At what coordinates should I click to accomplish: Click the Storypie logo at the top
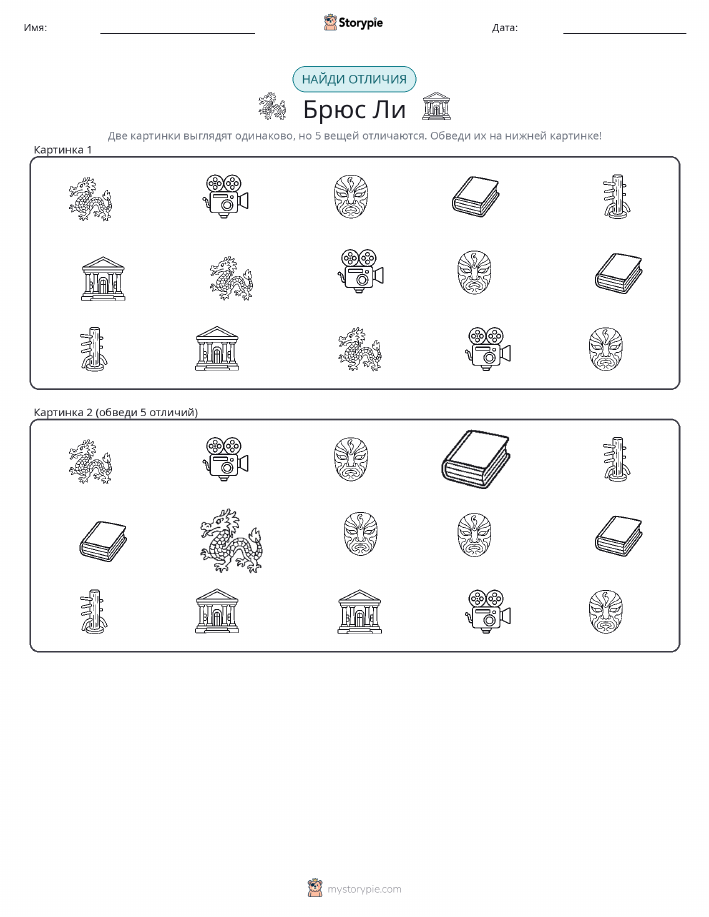[353, 23]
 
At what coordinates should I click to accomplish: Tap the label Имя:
[35, 27]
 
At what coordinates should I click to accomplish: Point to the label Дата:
[505, 27]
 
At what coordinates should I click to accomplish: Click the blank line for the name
[177, 33]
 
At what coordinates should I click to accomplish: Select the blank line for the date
[624, 33]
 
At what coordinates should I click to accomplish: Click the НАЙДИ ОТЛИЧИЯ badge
[354, 80]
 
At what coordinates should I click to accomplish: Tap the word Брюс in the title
[331, 109]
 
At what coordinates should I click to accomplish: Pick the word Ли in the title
[386, 109]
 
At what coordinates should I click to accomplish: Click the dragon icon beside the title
[273, 106]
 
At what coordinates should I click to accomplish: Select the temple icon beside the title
[436, 106]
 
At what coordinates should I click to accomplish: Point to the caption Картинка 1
[63, 150]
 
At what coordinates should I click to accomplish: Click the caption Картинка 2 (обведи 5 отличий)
[116, 412]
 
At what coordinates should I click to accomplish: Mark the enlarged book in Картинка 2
[475, 459]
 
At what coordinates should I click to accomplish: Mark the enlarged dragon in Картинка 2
[230, 540]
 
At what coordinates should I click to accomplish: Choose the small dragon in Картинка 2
[90, 461]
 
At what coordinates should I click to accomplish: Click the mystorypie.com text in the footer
[364, 890]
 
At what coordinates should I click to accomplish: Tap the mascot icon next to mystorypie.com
[315, 888]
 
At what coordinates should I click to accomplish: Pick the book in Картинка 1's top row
[476, 196]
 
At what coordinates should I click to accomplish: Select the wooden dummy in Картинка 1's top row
[616, 196]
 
